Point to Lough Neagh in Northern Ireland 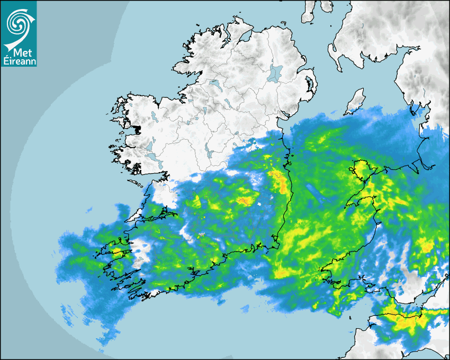[275, 73]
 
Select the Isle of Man [355, 102]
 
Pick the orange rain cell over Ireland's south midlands [245, 201]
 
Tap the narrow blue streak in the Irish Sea [318, 194]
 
